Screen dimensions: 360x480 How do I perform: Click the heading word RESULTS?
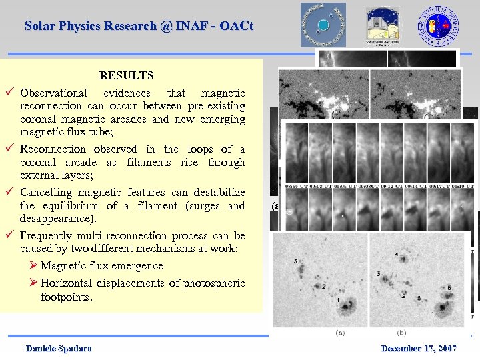pos(126,76)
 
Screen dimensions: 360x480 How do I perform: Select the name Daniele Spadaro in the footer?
pos(59,349)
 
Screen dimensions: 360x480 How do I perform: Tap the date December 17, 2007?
pos(419,349)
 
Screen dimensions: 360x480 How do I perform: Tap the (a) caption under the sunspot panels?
pos(341,332)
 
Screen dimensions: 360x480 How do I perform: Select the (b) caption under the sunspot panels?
pos(401,332)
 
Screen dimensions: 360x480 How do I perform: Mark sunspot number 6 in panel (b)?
pos(449,287)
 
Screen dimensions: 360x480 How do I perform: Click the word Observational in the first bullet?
pos(53,93)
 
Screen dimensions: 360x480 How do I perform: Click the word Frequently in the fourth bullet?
pos(50,236)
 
